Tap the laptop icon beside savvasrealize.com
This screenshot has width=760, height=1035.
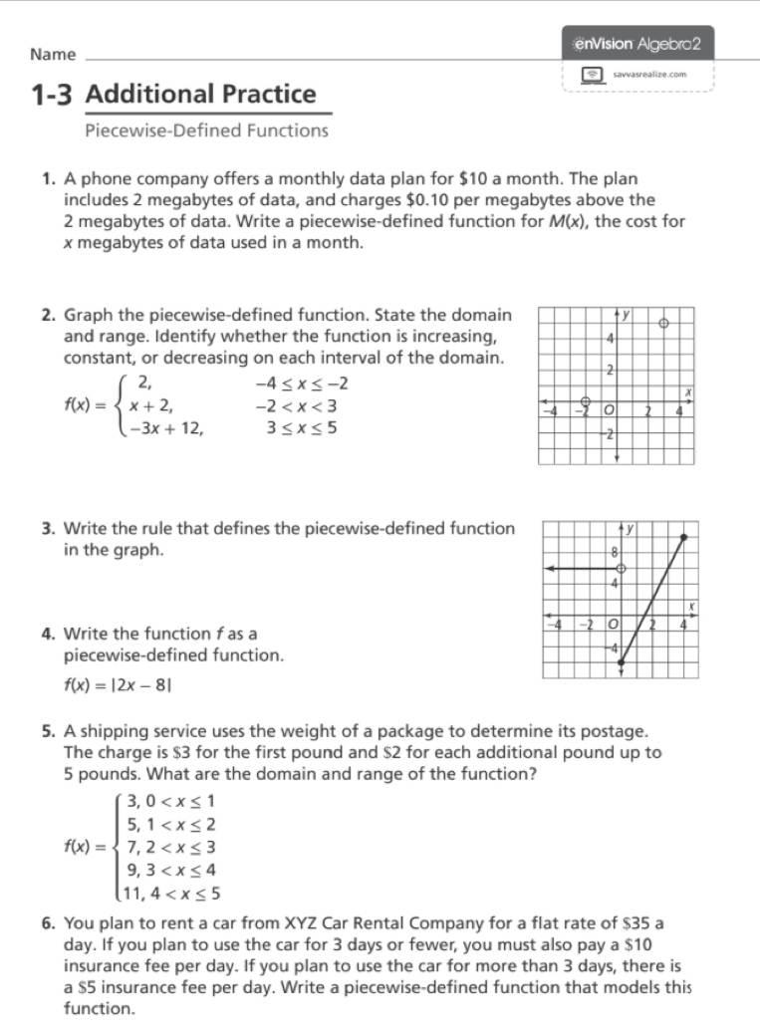(594, 75)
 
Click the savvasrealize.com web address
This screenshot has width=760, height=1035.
(648, 75)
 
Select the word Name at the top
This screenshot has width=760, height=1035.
(54, 54)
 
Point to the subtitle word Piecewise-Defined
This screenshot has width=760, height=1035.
(146, 130)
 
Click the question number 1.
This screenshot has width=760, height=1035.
(48, 179)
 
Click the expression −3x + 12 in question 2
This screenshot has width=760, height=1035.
(166, 428)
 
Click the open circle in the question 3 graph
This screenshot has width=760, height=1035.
(620, 568)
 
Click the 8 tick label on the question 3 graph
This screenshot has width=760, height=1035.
(612, 551)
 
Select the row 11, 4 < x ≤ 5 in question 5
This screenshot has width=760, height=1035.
(171, 894)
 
